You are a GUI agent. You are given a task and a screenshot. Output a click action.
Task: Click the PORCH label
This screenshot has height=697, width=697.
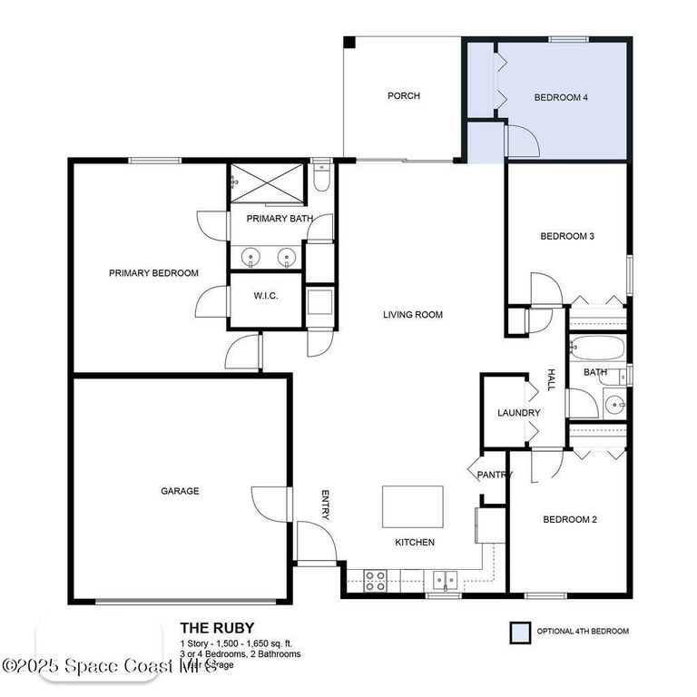403,96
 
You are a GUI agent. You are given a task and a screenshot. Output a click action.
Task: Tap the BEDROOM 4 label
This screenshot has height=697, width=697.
562,97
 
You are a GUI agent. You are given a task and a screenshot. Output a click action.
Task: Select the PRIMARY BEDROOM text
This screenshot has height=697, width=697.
153,273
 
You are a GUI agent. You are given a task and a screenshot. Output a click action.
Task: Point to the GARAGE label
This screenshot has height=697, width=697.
180,491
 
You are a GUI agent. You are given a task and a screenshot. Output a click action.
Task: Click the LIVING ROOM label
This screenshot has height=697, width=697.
412,316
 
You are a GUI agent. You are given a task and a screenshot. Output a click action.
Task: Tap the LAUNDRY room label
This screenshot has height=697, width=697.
519,413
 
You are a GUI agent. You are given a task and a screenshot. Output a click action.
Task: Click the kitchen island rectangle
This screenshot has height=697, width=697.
413,506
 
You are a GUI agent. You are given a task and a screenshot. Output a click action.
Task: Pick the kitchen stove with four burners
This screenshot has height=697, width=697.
376,580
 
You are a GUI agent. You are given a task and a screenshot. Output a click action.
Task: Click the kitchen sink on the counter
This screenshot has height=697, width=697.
444,579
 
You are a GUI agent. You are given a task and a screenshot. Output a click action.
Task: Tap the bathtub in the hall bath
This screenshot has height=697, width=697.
597,349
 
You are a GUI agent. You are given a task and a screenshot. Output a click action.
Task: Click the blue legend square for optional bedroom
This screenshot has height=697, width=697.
520,632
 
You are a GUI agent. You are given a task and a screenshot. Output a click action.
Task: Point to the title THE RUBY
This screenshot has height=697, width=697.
217,627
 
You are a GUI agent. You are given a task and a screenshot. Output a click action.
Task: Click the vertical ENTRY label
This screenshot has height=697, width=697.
326,506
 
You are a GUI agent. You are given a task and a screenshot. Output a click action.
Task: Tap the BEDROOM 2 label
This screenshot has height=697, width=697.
569,520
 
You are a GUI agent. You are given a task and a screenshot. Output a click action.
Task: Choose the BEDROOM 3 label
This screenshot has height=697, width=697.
567,237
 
